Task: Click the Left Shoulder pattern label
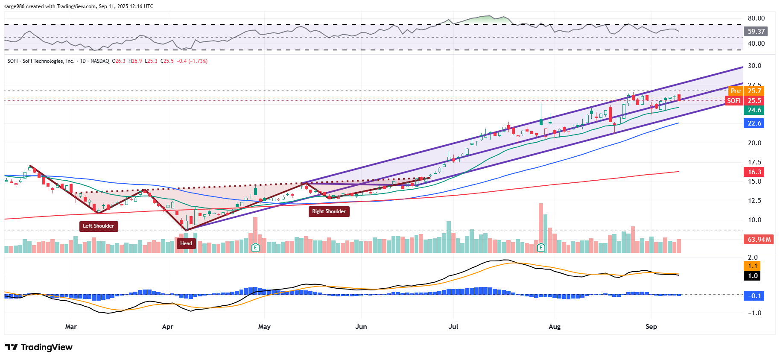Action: tap(99, 226)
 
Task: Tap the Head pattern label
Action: tap(186, 243)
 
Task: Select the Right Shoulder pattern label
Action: tap(329, 211)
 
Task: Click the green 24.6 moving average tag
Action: tap(754, 110)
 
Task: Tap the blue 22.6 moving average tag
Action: tap(754, 123)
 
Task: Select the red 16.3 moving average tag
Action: tap(754, 172)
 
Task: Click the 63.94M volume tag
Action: tap(759, 240)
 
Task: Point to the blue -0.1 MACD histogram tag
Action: tap(754, 296)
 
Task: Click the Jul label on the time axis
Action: tap(453, 327)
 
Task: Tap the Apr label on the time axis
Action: tap(168, 327)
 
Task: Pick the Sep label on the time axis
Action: tap(651, 327)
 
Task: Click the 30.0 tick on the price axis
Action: tap(754, 66)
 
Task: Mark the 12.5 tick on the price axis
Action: tap(754, 201)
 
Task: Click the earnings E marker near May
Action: tap(255, 247)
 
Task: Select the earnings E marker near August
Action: tap(541, 247)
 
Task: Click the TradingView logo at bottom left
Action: tap(39, 347)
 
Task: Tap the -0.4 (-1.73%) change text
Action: tap(192, 61)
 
